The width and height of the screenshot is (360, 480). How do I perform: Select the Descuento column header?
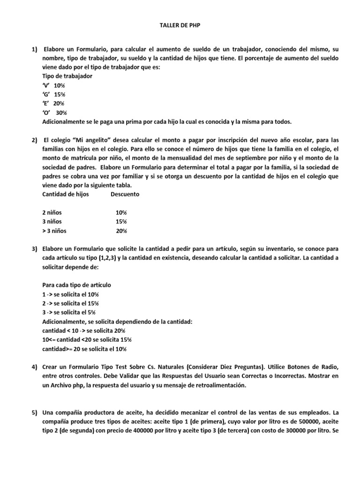pyautogui.click(x=125, y=194)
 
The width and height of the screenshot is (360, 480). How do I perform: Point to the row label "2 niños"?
pyautogui.click(x=52, y=212)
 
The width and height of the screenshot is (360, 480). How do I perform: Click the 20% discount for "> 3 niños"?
pyautogui.click(x=121, y=231)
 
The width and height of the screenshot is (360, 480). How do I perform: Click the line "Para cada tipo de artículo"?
pyautogui.click(x=76, y=285)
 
